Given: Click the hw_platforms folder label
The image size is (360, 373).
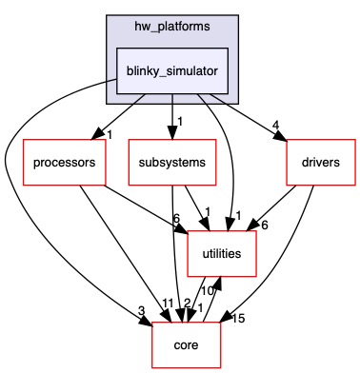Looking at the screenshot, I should (172, 23).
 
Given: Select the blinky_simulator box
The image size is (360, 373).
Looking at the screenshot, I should (172, 72).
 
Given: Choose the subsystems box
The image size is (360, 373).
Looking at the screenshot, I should (172, 162).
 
